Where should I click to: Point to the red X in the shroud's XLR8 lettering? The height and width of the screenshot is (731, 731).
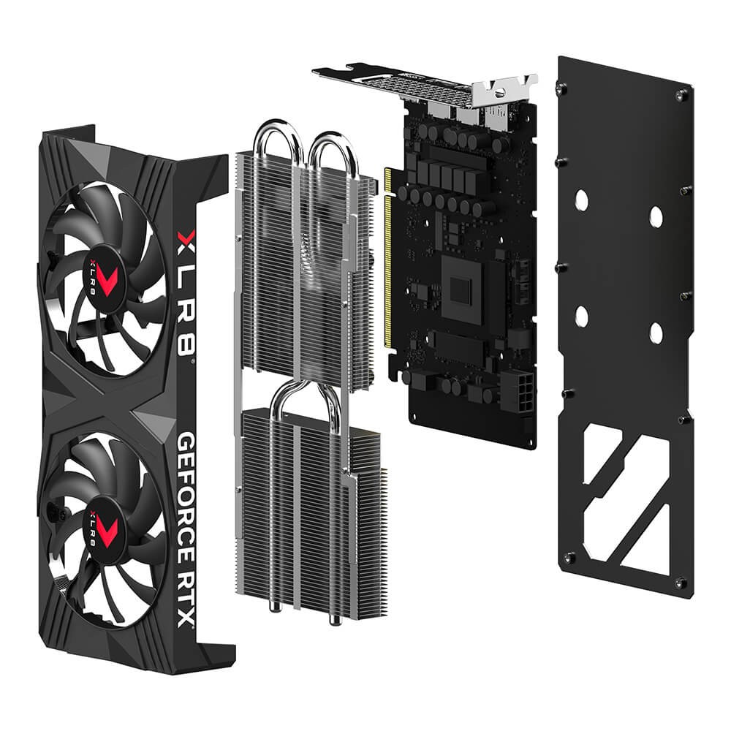click(x=186, y=238)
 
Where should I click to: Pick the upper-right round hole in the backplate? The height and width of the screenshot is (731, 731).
click(x=656, y=216)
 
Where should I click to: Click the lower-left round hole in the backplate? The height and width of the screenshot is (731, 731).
click(x=582, y=316)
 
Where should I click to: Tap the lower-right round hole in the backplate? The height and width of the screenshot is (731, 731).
click(x=655, y=333)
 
